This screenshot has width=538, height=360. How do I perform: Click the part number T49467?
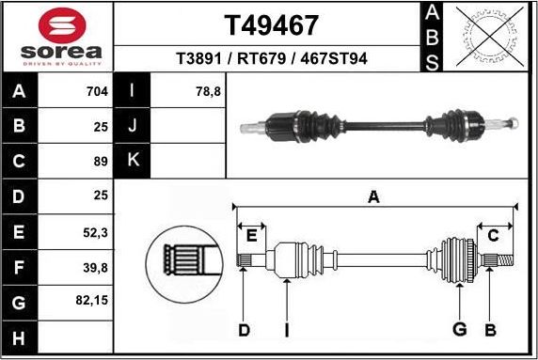[272, 23]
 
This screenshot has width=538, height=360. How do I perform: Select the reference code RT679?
[272, 58]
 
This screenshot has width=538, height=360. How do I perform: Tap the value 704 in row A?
[98, 92]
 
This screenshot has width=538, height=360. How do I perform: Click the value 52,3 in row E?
[96, 232]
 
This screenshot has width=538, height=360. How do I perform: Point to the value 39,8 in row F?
[96, 268]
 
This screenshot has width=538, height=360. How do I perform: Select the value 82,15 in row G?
[93, 303]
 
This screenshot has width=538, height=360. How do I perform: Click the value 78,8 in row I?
[209, 92]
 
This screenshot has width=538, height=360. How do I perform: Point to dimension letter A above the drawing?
[373, 196]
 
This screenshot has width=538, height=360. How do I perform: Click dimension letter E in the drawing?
[251, 235]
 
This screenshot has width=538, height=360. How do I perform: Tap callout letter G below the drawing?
[460, 329]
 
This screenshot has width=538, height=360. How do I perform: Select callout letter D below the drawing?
[244, 329]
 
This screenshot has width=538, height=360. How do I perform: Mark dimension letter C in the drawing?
[493, 235]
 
